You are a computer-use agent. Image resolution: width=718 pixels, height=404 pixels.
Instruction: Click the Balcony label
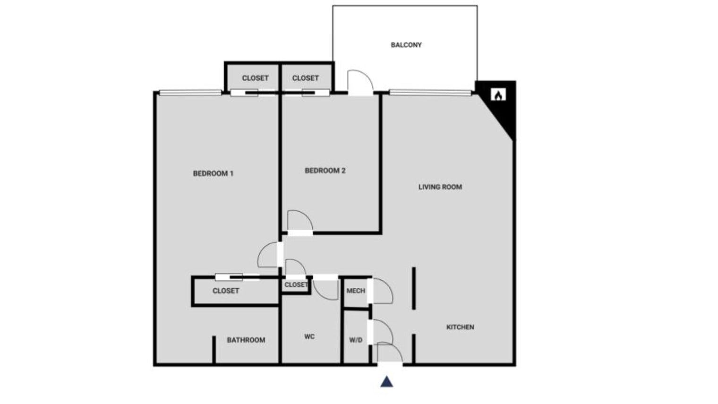[406, 45]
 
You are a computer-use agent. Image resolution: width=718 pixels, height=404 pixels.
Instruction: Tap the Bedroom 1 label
[213, 173]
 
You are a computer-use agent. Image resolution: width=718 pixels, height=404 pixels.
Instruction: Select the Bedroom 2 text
[325, 171]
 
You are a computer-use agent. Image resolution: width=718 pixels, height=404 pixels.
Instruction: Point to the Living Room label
[440, 187]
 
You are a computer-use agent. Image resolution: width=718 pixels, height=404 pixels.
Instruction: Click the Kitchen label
[460, 327]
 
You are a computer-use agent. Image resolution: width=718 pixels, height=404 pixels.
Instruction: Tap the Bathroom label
[246, 340]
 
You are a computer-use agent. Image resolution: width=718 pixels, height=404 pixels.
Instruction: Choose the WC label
[309, 336]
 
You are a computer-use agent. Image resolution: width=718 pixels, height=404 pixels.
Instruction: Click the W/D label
[356, 340]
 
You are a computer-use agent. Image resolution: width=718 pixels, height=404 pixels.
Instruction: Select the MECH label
[356, 291]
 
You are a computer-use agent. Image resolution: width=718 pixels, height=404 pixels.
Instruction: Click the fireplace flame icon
[498, 95]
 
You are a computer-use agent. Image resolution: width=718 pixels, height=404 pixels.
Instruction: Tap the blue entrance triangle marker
[386, 382]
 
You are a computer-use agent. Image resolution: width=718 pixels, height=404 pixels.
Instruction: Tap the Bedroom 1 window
[190, 93]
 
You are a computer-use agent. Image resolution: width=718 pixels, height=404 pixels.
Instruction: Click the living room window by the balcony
[430, 93]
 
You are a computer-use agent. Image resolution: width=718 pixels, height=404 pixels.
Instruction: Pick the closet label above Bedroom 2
[306, 78]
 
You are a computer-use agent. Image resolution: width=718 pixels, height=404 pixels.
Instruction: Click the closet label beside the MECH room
[296, 285]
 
